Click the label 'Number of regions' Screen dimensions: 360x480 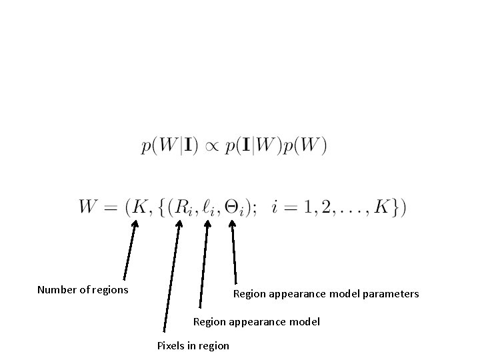point(83,289)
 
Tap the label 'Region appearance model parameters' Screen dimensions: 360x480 point(325,293)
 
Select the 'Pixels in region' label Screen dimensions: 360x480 point(193,345)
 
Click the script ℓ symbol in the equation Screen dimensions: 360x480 point(208,207)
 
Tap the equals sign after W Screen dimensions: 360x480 point(114,207)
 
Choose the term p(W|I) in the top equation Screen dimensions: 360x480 point(169,146)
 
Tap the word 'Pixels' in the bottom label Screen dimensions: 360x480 point(171,345)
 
